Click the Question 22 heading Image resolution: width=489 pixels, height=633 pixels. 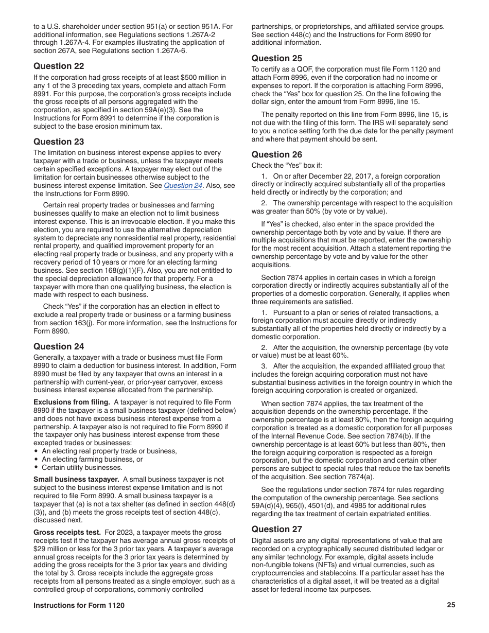coord(59,66)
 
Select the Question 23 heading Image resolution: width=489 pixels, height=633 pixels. coord(59,142)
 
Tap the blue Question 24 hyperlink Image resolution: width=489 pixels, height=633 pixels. coord(183,186)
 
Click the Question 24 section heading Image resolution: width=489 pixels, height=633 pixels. coord(59,346)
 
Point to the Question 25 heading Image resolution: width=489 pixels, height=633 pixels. coord(277,58)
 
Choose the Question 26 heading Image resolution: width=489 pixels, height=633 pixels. coord(277,154)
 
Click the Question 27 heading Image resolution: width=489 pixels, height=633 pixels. coord(277,529)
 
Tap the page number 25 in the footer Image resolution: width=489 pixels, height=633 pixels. coord(451,605)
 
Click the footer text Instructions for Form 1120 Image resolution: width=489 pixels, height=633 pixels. coord(79,606)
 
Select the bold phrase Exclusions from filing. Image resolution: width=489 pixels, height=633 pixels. coord(72,402)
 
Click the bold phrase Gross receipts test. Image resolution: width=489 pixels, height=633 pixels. coord(67,533)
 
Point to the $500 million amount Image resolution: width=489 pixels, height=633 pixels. coord(201,77)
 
